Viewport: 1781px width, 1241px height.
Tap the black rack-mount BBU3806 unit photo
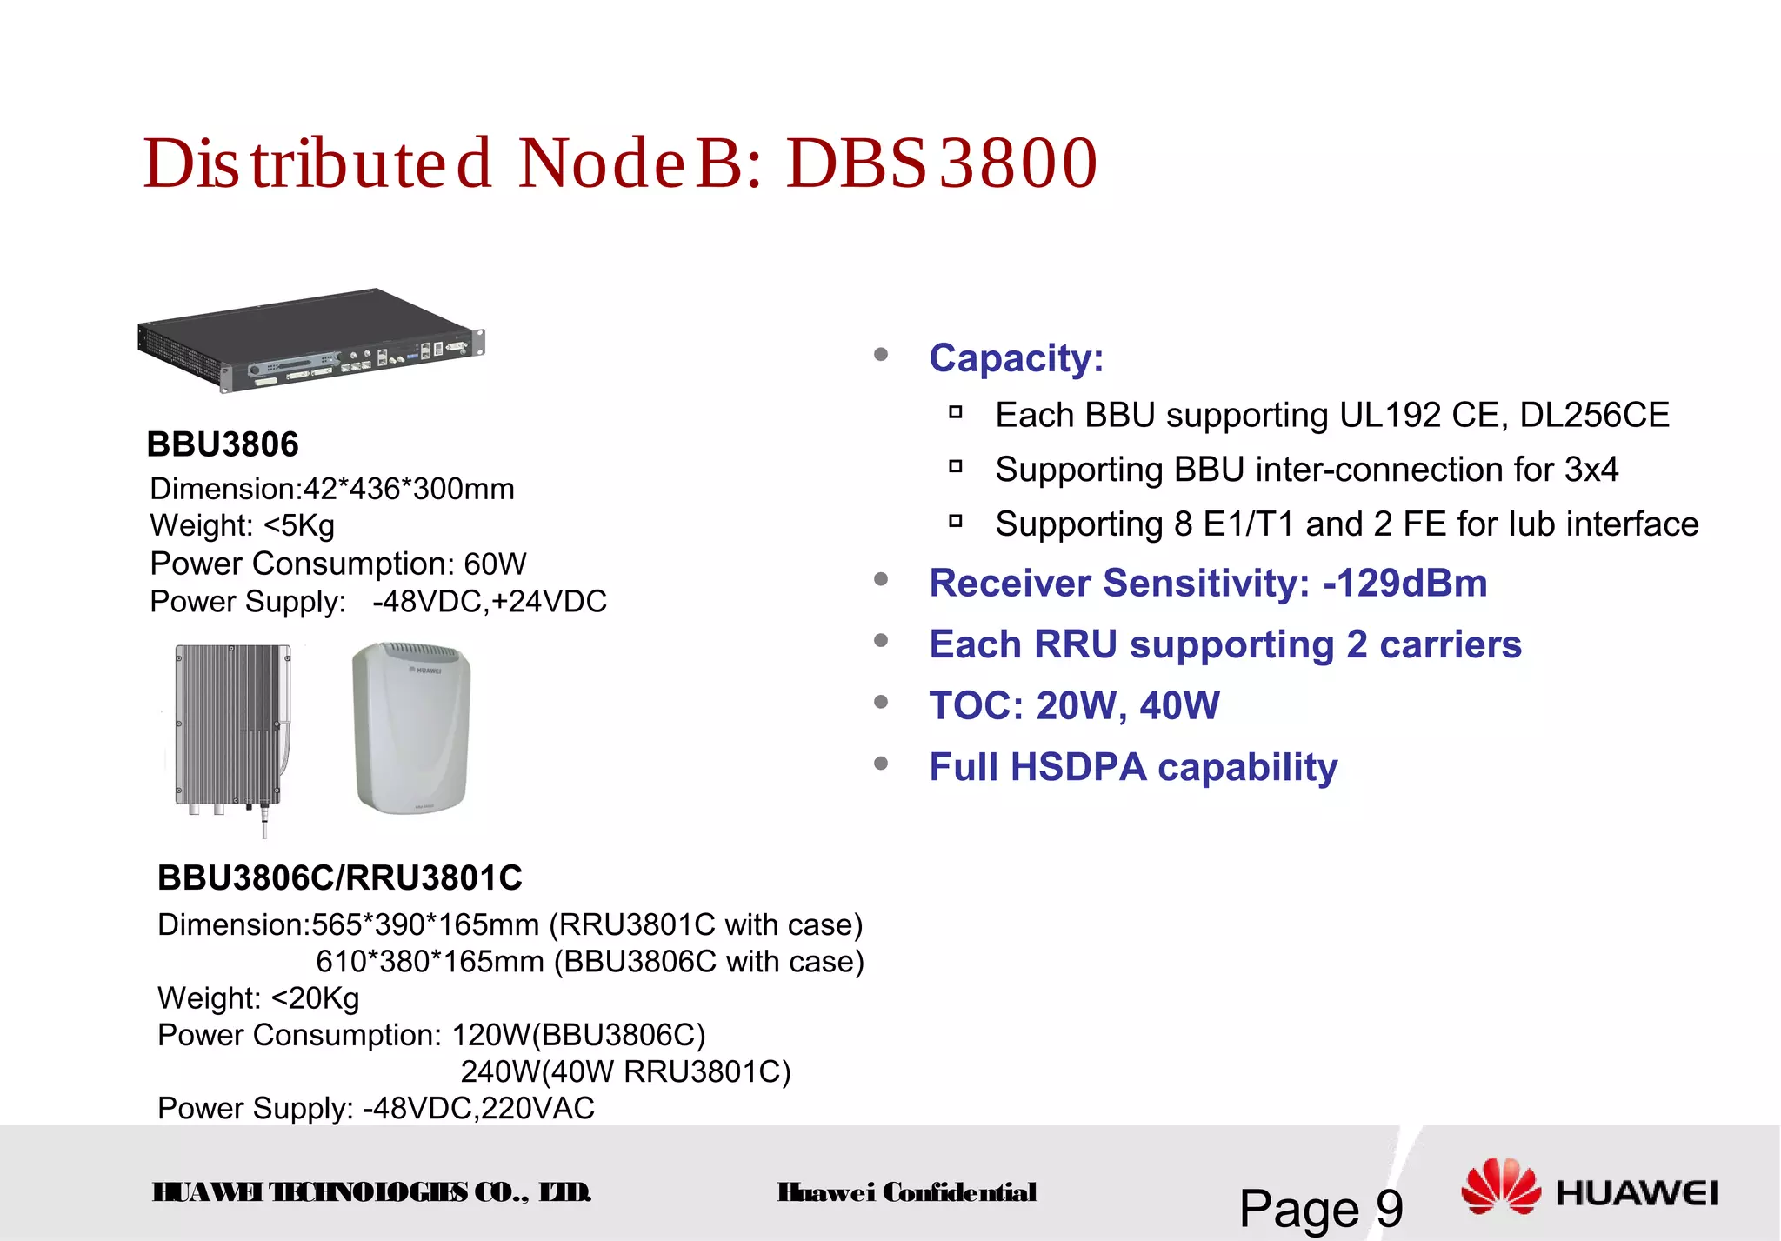(310, 340)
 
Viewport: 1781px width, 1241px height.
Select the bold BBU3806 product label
(223, 444)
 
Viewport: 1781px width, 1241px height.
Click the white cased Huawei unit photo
(410, 727)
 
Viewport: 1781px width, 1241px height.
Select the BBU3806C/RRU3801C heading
(340, 878)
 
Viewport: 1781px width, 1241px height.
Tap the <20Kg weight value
(315, 998)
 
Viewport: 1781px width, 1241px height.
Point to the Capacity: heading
(1016, 358)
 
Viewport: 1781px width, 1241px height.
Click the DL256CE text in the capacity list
(1594, 416)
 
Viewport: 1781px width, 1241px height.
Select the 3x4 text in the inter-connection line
(1591, 470)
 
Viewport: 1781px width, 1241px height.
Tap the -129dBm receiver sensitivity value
(1404, 584)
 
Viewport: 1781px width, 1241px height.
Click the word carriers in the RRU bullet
(1450, 645)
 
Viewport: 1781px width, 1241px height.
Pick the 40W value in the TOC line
(1179, 706)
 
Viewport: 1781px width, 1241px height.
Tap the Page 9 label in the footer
(1320, 1208)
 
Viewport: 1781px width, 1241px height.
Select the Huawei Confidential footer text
(906, 1192)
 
